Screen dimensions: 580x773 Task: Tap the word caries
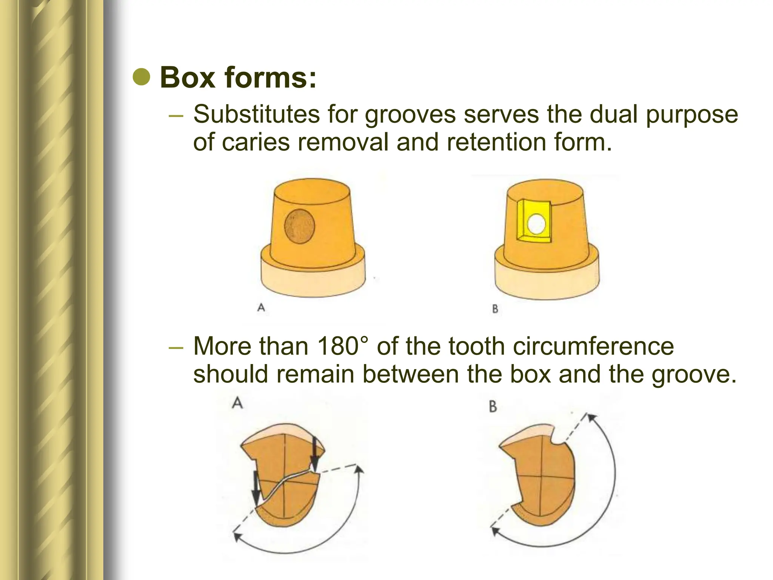pyautogui.click(x=256, y=142)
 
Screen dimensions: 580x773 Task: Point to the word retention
pyautogui.click(x=496, y=142)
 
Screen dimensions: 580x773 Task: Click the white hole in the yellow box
pyautogui.click(x=536, y=224)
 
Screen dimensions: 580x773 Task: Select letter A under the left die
pyautogui.click(x=261, y=308)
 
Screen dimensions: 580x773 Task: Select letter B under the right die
pyautogui.click(x=495, y=309)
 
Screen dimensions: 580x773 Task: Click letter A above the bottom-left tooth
pyautogui.click(x=237, y=403)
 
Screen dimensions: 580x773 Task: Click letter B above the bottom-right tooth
pyautogui.click(x=493, y=407)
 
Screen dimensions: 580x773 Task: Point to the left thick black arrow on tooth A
pyautogui.click(x=256, y=487)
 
